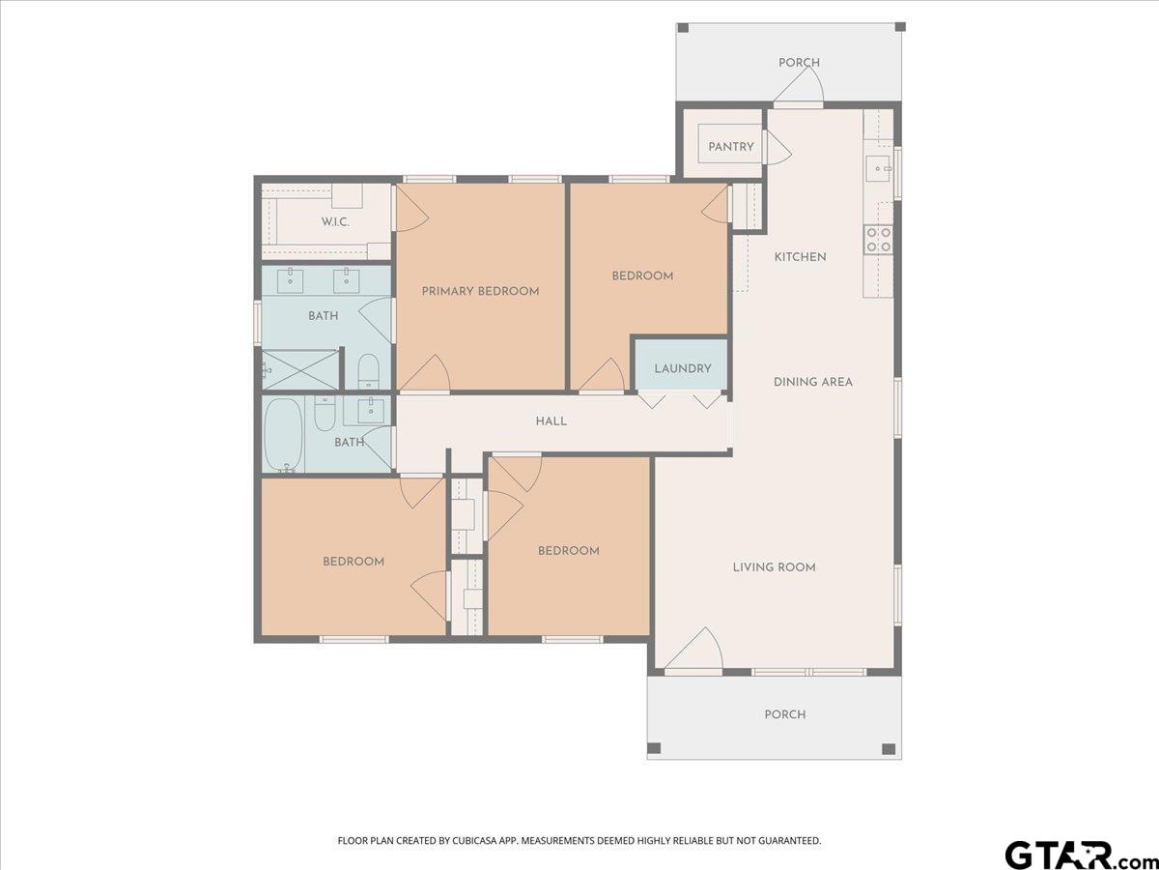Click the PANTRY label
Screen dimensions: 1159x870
coord(731,146)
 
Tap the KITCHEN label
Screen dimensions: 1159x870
coord(800,257)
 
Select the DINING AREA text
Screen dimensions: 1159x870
coord(813,382)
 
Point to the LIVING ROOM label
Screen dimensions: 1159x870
coord(774,567)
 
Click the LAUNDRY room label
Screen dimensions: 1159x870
coord(683,368)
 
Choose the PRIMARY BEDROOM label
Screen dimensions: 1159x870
coord(480,291)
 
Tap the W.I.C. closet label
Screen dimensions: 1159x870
coord(335,222)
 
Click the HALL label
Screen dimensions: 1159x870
coord(551,421)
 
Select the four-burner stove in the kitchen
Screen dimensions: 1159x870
coord(878,240)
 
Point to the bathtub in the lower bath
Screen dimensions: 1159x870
coord(283,435)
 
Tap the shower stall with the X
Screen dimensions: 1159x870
coord(299,370)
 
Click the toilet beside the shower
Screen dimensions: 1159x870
coord(368,371)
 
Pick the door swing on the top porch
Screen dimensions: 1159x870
coord(799,84)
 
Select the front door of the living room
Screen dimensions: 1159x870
coord(693,648)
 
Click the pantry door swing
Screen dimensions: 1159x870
coord(778,147)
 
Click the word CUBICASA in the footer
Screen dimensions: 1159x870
coord(473,840)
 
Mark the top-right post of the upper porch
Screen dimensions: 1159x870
coord(901,27)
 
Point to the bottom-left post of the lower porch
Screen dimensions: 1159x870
coord(654,748)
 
